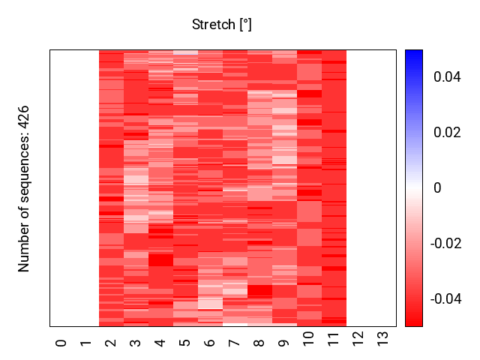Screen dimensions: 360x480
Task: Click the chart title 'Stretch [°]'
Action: pos(222,25)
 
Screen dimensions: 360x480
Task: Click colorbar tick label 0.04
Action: pos(447,77)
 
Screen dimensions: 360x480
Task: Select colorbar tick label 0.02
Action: pos(447,133)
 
